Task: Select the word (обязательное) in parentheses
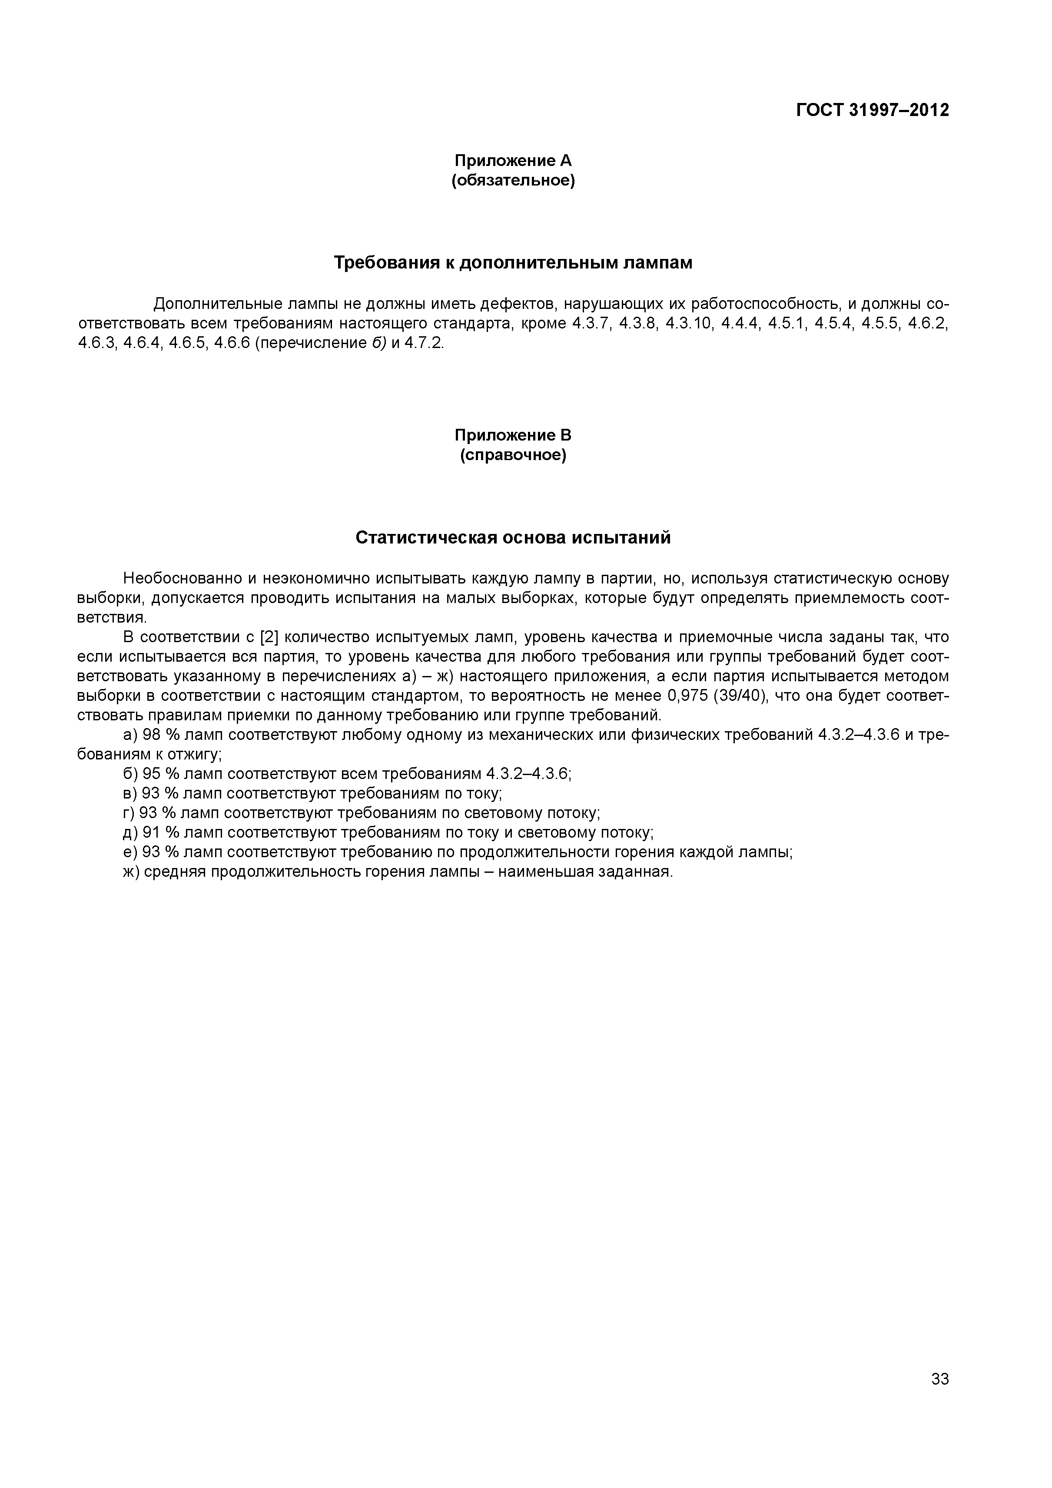(x=513, y=180)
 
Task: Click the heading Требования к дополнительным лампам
(x=513, y=263)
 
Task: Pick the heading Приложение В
(x=513, y=435)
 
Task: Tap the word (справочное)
(x=513, y=456)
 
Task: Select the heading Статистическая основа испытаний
(x=513, y=538)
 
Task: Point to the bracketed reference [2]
(x=269, y=638)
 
